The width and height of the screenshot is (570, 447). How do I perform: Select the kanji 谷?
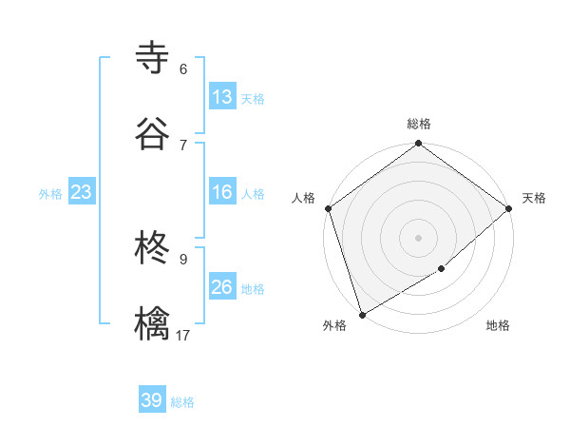pyautogui.click(x=153, y=133)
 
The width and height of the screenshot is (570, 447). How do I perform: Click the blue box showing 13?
pyautogui.click(x=221, y=97)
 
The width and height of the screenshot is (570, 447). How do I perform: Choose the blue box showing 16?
pyautogui.click(x=221, y=192)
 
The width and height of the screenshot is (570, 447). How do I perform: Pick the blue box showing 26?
pyautogui.click(x=221, y=287)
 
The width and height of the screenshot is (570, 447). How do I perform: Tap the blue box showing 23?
pyautogui.click(x=81, y=192)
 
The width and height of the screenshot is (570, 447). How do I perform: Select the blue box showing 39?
pyautogui.click(x=152, y=400)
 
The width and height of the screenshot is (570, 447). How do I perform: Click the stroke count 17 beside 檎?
pyautogui.click(x=183, y=335)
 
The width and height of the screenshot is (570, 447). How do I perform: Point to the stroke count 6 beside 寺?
pyautogui.click(x=183, y=68)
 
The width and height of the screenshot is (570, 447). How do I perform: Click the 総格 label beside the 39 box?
pyautogui.click(x=182, y=402)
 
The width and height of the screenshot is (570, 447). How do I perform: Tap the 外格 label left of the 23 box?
pyautogui.click(x=50, y=194)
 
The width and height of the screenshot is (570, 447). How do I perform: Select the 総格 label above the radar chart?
pyautogui.click(x=419, y=124)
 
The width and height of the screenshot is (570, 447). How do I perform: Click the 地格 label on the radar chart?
pyautogui.click(x=498, y=326)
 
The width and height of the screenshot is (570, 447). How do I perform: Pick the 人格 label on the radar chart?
pyautogui.click(x=303, y=198)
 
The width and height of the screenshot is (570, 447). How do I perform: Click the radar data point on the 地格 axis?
pyautogui.click(x=442, y=269)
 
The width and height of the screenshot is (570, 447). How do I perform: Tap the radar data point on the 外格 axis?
pyautogui.click(x=362, y=314)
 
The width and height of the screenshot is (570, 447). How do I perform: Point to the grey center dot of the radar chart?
pyautogui.click(x=418, y=237)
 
